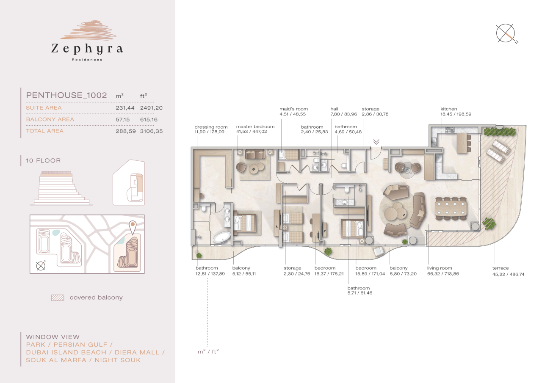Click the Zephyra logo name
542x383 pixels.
click(87, 49)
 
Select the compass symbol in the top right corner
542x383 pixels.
click(506, 34)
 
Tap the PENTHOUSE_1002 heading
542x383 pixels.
click(66, 95)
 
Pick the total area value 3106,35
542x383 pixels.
click(151, 131)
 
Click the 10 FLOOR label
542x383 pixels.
click(43, 161)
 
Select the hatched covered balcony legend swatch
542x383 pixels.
click(57, 298)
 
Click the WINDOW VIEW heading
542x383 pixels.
click(53, 337)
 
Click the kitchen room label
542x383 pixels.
click(449, 109)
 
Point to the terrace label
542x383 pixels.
click(501, 268)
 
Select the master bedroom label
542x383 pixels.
click(255, 127)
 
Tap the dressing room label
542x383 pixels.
click(211, 127)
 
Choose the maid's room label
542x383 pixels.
click(293, 109)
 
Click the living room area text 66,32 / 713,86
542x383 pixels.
click(443, 274)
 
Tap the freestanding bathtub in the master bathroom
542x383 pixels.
click(222, 237)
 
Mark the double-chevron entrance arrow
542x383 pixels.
click(376, 142)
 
